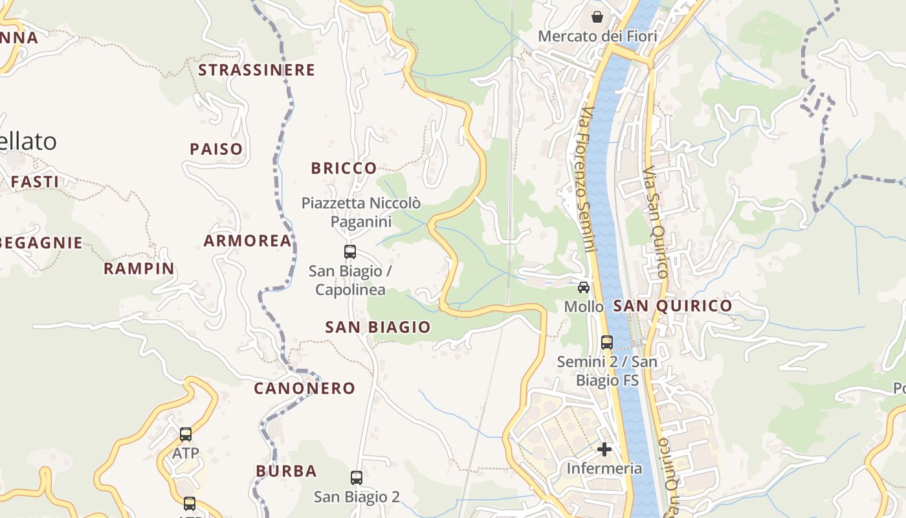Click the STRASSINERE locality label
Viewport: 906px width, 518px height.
pyautogui.click(x=256, y=70)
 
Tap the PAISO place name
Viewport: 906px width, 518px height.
pyautogui.click(x=216, y=149)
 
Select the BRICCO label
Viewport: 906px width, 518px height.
pyautogui.click(x=344, y=168)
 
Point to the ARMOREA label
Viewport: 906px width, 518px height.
pyautogui.click(x=248, y=241)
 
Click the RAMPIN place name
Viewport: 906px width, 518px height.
pyautogui.click(x=139, y=268)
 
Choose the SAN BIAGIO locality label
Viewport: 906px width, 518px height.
pyautogui.click(x=378, y=327)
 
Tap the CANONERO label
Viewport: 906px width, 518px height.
pyautogui.click(x=304, y=388)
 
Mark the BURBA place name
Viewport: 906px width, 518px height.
pyautogui.click(x=286, y=471)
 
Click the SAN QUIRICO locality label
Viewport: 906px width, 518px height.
pyautogui.click(x=672, y=306)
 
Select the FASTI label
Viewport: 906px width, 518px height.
pyautogui.click(x=35, y=182)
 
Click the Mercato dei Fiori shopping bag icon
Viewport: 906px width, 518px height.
pyautogui.click(x=597, y=17)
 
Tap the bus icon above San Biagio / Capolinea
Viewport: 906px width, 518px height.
pyautogui.click(x=350, y=252)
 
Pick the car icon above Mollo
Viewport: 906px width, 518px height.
pyautogui.click(x=584, y=287)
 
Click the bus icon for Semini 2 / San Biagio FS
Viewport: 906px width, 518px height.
pyautogui.click(x=607, y=342)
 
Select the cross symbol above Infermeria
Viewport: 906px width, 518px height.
pyautogui.click(x=604, y=449)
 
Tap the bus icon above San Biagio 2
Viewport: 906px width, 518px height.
pyautogui.click(x=357, y=478)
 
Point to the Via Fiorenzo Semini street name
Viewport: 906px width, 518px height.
pyautogui.click(x=586, y=179)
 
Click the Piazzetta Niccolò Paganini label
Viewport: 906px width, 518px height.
pyautogui.click(x=361, y=212)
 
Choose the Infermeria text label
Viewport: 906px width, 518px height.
pyautogui.click(x=604, y=468)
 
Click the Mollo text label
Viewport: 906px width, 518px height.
pyautogui.click(x=584, y=306)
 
